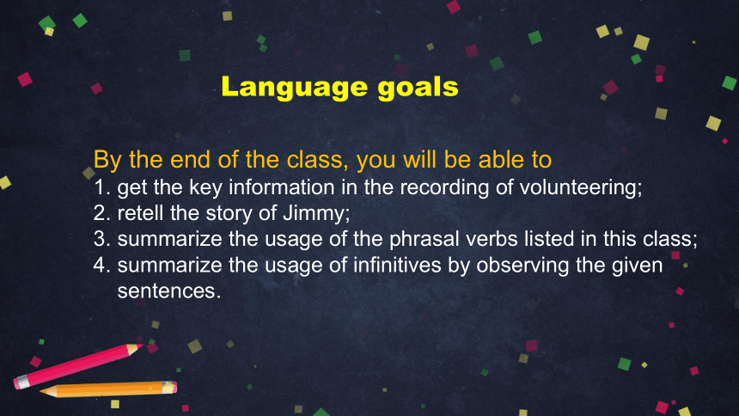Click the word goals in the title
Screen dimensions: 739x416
coord(418,88)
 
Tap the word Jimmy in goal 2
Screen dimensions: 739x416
coord(316,213)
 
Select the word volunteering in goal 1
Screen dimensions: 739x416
coord(581,187)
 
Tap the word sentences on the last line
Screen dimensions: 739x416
coord(169,291)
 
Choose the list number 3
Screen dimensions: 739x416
coord(101,239)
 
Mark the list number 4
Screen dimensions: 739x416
coord(101,265)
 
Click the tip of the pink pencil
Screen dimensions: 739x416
coord(142,346)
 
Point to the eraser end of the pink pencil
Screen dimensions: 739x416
coord(19,382)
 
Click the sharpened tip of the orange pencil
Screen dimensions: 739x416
coord(41,391)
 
